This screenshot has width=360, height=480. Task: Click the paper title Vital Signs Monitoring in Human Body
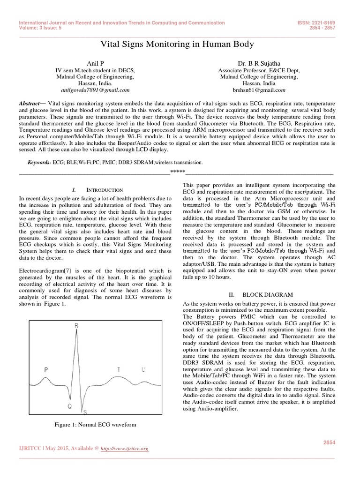[x=177, y=45]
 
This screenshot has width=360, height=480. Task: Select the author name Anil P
[x=95, y=63]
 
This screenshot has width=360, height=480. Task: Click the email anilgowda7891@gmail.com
[x=95, y=89]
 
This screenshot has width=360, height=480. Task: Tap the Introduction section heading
[x=105, y=190]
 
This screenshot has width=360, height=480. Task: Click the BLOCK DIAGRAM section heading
[x=267, y=294]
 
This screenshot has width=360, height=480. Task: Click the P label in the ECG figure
[x=46, y=369]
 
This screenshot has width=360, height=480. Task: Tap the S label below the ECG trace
[x=84, y=412]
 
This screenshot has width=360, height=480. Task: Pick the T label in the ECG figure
[x=119, y=369]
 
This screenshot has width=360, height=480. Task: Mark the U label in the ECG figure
[x=143, y=369]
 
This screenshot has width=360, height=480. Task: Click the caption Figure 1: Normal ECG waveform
[x=95, y=425]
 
